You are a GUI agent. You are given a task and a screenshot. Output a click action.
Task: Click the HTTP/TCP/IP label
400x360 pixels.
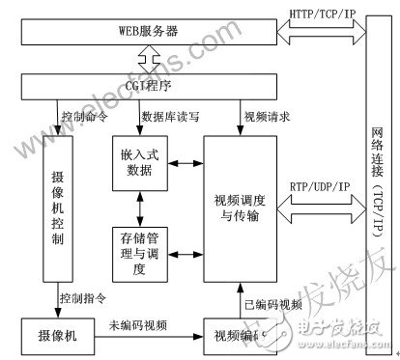coord(324,14)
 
